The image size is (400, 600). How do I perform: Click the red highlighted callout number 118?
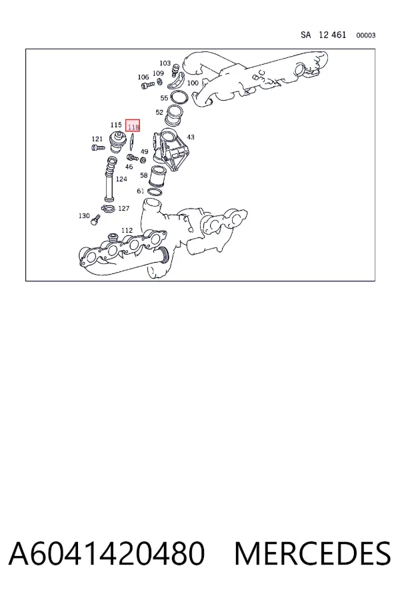click(133, 126)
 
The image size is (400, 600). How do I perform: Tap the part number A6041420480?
click(107, 553)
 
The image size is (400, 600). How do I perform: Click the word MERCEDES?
click(313, 553)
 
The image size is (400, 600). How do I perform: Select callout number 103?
click(165, 63)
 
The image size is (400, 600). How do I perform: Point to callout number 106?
click(143, 77)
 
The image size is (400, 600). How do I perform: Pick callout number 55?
click(164, 98)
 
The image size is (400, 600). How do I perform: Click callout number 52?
click(159, 112)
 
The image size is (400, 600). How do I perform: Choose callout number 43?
click(190, 137)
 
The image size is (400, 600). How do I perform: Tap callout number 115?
click(116, 125)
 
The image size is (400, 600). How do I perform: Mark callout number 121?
click(97, 139)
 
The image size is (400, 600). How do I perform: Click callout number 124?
click(121, 179)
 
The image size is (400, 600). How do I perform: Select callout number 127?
click(123, 209)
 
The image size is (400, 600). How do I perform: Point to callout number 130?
click(84, 216)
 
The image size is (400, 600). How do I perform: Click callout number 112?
click(127, 230)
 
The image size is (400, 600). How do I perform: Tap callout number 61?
click(141, 191)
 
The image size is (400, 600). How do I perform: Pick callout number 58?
click(144, 175)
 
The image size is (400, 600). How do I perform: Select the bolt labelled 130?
click(95, 220)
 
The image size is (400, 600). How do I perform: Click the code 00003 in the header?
click(366, 35)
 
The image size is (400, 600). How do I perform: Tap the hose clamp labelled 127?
click(108, 209)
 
